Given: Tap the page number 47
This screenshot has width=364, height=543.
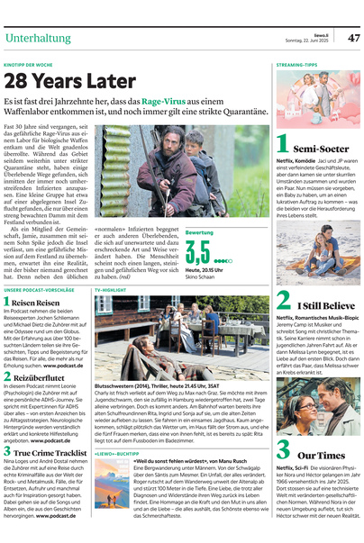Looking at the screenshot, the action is [x=353, y=38].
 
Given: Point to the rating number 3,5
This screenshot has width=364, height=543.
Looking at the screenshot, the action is [x=197, y=249].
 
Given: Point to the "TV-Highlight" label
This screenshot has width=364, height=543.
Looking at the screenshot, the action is [x=110, y=291].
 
